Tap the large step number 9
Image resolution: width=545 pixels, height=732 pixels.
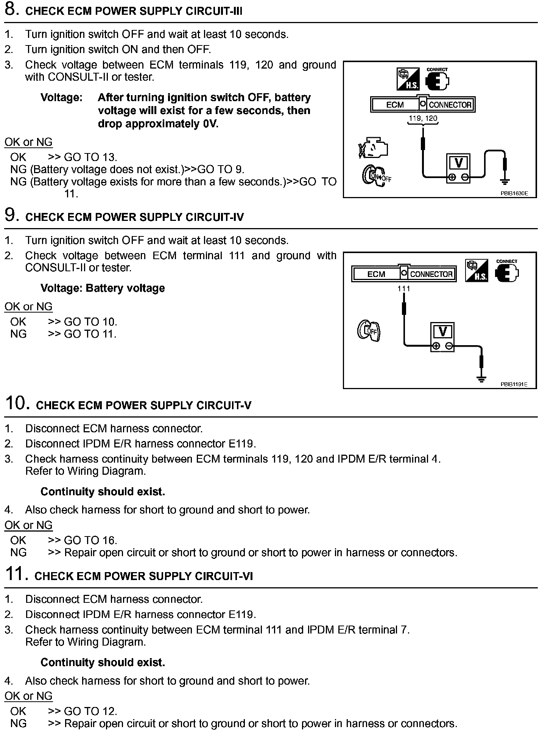(11, 215)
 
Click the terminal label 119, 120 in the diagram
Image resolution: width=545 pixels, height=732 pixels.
(423, 118)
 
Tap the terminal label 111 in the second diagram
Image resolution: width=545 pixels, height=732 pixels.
(404, 289)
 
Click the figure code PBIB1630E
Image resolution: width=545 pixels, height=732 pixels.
(514, 193)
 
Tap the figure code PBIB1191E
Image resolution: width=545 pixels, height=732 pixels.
(514, 384)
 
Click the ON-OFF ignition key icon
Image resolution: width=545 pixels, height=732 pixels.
(376, 175)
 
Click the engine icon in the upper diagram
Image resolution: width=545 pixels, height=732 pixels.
(373, 148)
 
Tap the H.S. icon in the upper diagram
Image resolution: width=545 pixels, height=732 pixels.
(408, 79)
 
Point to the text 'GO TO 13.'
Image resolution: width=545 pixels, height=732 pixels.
(90, 157)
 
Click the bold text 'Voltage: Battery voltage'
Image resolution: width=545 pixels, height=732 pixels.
(103, 288)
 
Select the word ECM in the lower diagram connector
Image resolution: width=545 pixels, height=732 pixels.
(376, 274)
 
